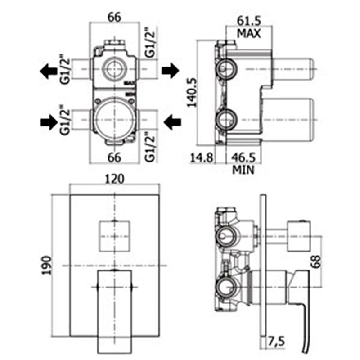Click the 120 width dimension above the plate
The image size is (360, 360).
[115, 179]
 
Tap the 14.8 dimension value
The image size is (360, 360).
[201, 158]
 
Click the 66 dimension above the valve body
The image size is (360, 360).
[114, 18]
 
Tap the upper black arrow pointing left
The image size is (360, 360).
[47, 71]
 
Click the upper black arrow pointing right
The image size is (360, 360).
[170, 70]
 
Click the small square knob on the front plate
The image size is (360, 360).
[115, 236]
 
